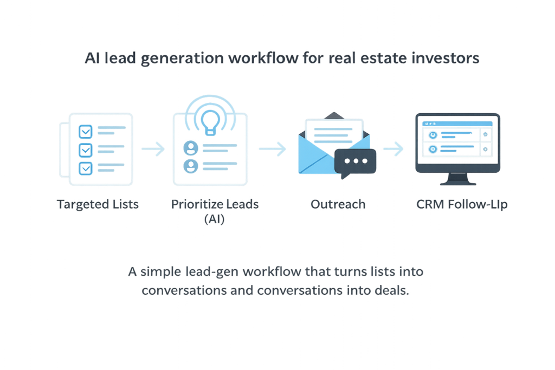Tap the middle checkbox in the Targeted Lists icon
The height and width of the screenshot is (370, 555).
tap(86, 150)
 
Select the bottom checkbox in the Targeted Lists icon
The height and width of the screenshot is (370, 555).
tap(86, 168)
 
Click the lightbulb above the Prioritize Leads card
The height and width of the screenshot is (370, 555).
tap(209, 116)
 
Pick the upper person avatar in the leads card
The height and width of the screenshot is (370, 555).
tap(190, 147)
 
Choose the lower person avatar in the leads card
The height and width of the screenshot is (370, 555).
tap(190, 165)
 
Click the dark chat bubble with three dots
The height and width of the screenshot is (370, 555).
tap(356, 161)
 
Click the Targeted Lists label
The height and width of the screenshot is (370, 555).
tap(98, 205)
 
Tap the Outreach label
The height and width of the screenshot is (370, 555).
tap(338, 205)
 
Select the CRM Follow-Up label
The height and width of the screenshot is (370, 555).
tap(462, 205)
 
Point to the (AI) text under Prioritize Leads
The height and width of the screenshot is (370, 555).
tap(215, 219)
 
